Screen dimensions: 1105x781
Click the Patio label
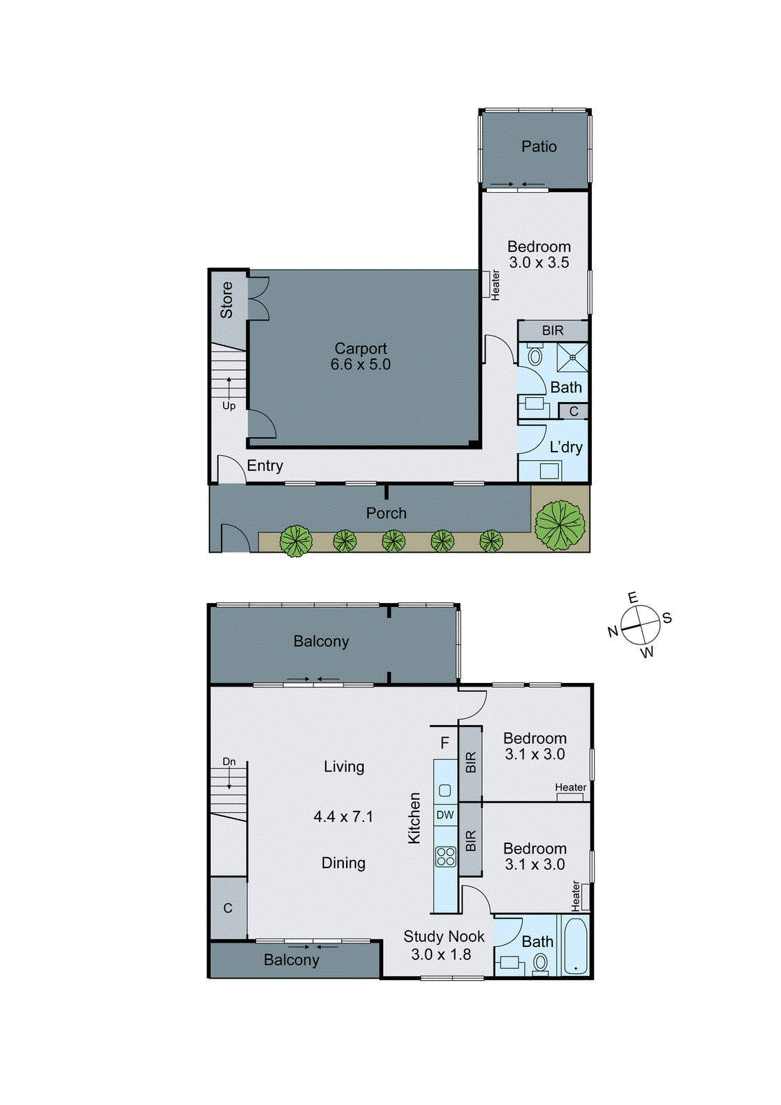[x=539, y=146]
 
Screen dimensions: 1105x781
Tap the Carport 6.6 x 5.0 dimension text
[x=360, y=365]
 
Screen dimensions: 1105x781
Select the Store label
[x=226, y=300]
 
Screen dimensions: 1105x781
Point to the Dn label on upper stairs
[x=229, y=762]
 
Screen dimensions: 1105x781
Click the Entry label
[x=265, y=466]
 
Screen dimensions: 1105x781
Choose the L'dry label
[x=566, y=447]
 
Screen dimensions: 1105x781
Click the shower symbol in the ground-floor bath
[x=572, y=357]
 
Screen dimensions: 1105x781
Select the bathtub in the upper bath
[x=575, y=945]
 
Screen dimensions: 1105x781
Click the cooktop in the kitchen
[x=445, y=856]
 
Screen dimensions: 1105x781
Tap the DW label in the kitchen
[x=445, y=815]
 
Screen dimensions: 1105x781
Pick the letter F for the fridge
[x=445, y=743]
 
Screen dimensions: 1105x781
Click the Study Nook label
[x=444, y=936]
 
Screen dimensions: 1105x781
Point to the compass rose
[x=640, y=626]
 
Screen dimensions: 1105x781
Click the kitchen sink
[x=445, y=790]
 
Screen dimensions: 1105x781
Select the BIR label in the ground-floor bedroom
[x=552, y=330]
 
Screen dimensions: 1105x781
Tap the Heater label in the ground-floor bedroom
[x=495, y=285]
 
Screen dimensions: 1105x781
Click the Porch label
[x=386, y=513]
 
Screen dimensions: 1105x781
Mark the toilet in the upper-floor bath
[x=540, y=962]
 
